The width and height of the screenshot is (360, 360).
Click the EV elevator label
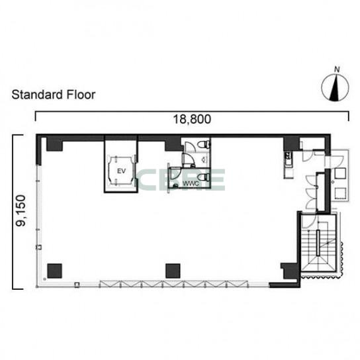coord(121,171)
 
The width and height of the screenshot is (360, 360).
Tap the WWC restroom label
coord(191,184)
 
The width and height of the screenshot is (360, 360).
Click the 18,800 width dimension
coord(192,119)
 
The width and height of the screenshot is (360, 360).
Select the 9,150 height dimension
coord(21,210)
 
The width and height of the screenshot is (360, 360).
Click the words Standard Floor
coord(54,95)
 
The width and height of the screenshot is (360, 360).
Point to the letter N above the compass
coord(337,69)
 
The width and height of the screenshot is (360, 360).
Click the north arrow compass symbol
coord(336,87)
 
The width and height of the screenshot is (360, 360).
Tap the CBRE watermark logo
coord(181,180)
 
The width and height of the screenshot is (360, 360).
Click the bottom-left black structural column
coord(55,271)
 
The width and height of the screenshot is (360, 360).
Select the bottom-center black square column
coord(173,271)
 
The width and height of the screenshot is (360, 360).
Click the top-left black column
coord(55,144)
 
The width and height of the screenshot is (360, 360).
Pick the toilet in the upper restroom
coord(204,144)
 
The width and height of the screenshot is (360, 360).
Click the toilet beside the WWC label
coord(204,177)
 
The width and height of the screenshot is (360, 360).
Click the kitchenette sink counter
coord(289,165)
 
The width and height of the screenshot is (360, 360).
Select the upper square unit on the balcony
coord(340,173)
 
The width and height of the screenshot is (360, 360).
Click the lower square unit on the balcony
coord(340,193)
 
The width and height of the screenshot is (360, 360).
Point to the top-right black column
coord(291,144)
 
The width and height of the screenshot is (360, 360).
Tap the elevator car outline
coord(121,171)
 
